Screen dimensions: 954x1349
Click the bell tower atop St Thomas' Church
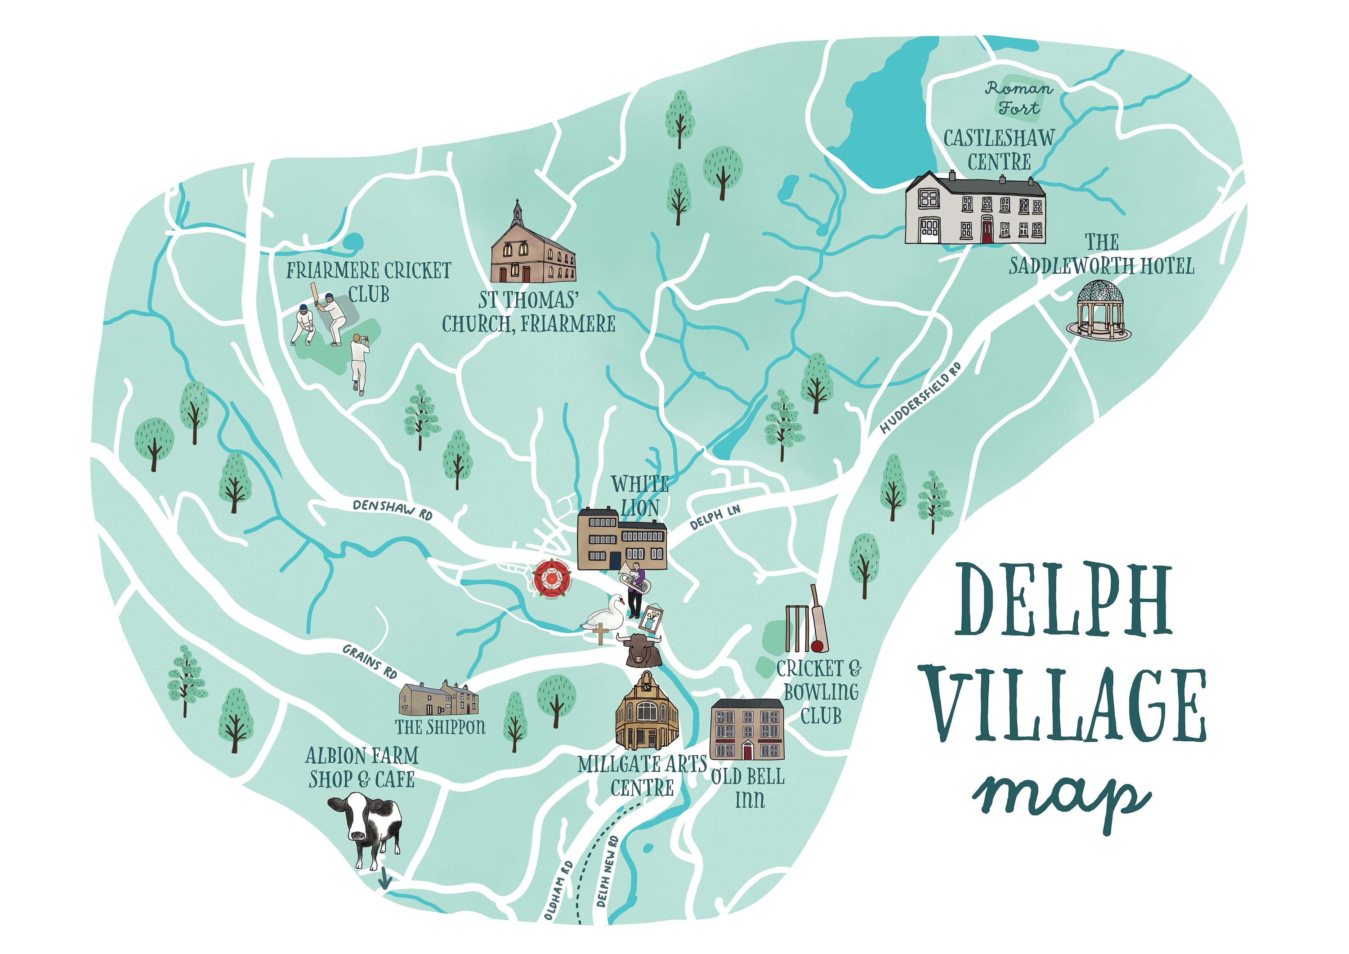(x=517, y=211)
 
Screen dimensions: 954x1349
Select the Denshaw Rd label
(x=393, y=509)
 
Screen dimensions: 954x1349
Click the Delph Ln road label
(x=715, y=517)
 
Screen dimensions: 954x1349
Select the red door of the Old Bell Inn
(x=747, y=751)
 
